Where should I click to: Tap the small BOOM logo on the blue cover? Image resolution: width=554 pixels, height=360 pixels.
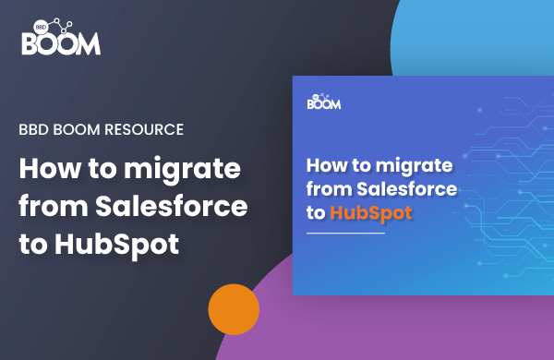[326, 102]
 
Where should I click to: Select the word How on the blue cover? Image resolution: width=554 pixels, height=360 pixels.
[322, 167]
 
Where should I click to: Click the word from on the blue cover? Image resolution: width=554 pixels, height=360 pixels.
[324, 190]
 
